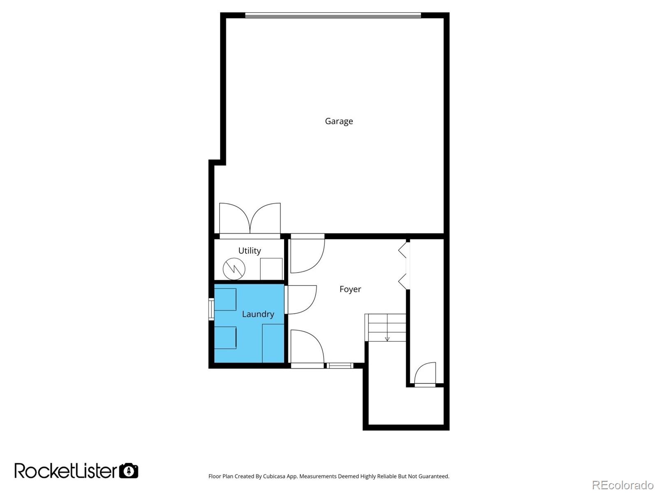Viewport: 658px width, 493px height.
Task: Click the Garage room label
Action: [x=339, y=121]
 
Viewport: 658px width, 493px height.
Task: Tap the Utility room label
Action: [x=250, y=251]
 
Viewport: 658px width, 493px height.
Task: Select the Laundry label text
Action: [x=258, y=314]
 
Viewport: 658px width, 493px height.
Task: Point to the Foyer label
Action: [x=350, y=289]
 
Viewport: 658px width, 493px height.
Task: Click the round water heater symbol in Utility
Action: [x=234, y=269]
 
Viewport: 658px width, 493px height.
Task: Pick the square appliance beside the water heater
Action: [x=271, y=269]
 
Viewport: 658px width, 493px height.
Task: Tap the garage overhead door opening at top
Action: [x=333, y=16]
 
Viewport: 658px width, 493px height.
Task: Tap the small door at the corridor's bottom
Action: [x=425, y=374]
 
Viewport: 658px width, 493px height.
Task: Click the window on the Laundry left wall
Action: [x=211, y=310]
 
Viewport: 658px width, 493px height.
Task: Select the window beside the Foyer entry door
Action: [x=340, y=365]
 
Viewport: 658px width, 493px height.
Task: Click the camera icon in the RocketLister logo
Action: [x=129, y=470]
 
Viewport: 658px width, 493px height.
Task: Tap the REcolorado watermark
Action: [x=623, y=485]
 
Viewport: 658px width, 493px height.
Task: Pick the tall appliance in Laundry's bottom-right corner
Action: [x=273, y=343]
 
